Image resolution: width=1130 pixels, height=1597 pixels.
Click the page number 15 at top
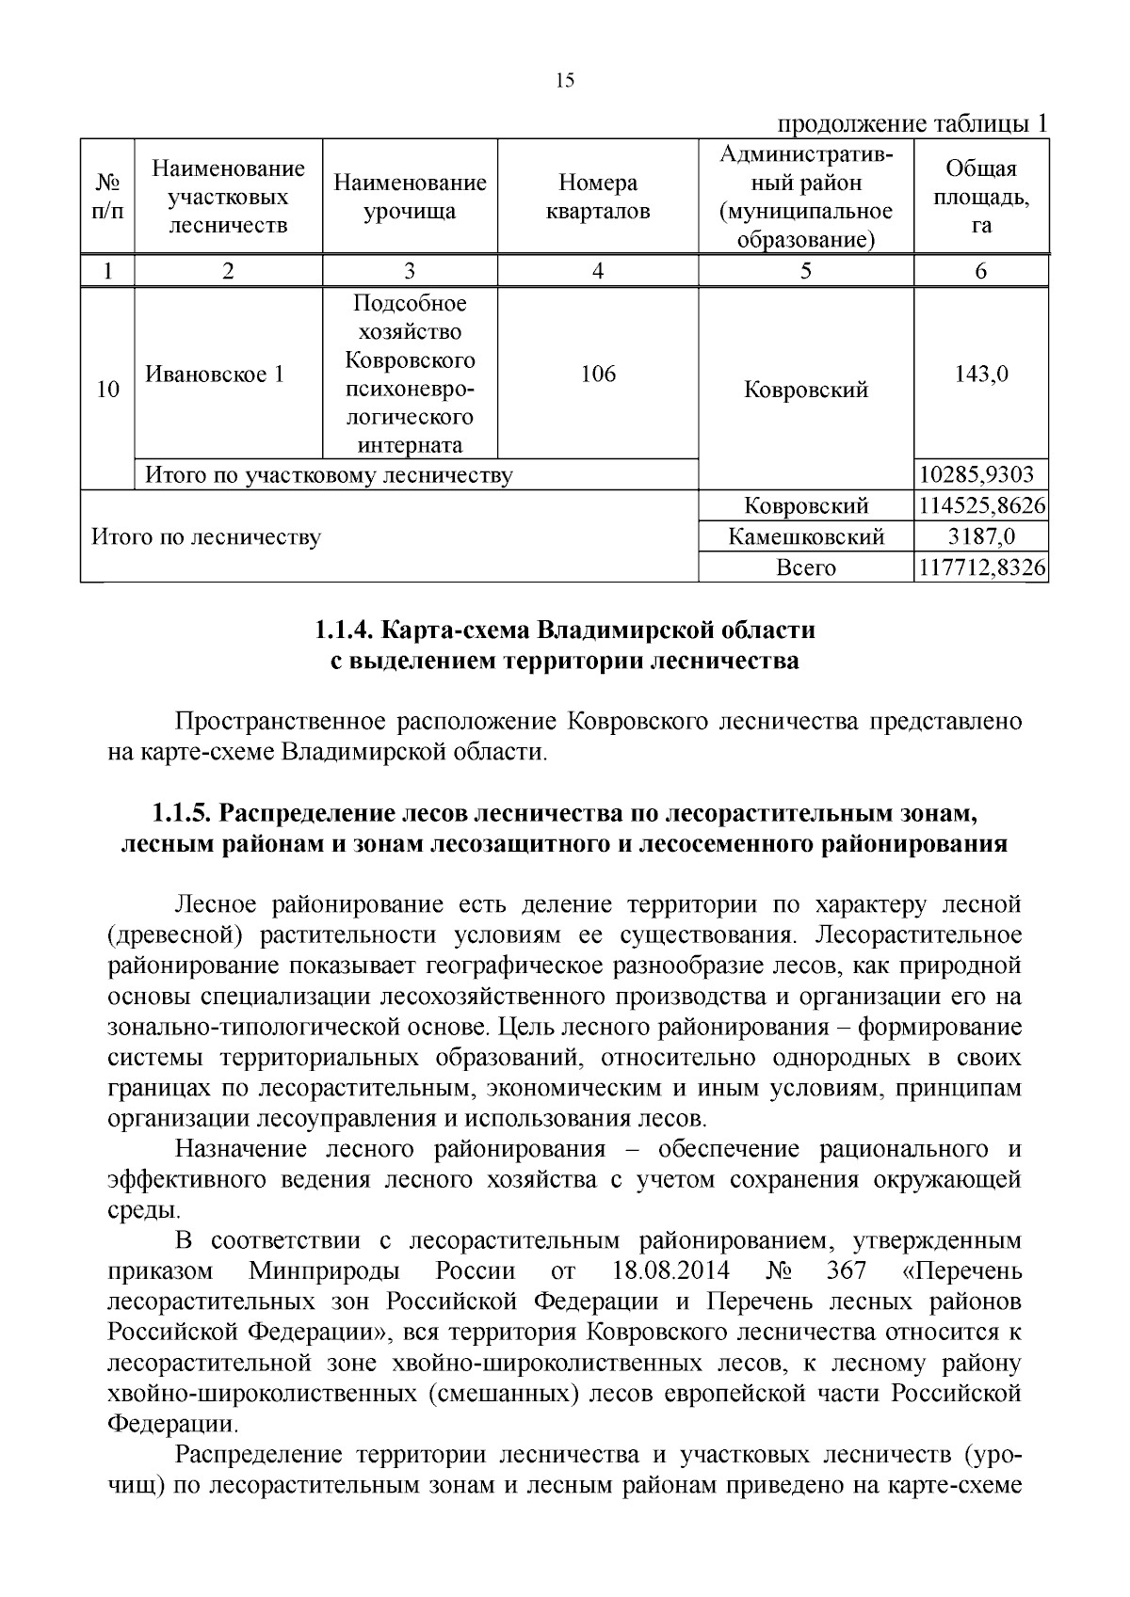[565, 80]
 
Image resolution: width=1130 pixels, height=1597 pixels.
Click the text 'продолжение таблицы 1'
[911, 124]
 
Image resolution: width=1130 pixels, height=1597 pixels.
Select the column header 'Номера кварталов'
[598, 197]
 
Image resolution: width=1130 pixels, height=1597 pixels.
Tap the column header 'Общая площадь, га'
[981, 197]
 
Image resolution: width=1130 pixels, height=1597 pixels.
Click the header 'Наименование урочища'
[410, 197]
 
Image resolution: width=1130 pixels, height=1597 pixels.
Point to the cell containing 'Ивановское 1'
[215, 375]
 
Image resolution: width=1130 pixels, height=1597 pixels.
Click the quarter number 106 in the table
[598, 375]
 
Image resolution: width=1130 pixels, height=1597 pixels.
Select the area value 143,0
[981, 375]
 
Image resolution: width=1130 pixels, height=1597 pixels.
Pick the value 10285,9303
[981, 475]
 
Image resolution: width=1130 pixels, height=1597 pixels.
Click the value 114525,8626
[981, 506]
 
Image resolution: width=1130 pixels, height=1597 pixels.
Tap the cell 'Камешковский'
[806, 537]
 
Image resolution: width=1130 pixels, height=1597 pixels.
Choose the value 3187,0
[981, 537]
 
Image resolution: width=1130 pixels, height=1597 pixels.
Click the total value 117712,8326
[981, 567]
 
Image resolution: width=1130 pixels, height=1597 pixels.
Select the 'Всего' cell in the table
[806, 567]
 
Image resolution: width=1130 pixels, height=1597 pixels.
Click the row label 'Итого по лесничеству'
[205, 537]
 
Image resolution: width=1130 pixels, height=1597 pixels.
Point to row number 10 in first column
[108, 390]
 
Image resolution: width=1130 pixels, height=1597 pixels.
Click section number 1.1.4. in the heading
[344, 629]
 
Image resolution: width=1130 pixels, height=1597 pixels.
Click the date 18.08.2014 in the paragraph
[670, 1271]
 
